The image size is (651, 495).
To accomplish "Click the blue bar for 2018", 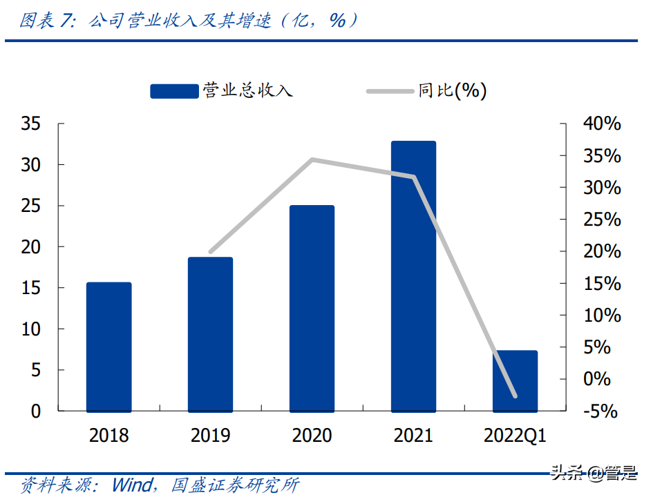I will [108, 347].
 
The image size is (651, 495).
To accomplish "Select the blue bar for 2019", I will [210, 334].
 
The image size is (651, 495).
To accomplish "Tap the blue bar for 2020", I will [312, 308].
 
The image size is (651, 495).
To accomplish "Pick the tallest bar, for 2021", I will [413, 276].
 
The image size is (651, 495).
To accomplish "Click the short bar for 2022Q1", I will [515, 380].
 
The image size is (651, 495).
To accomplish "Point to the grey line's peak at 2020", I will [312, 159].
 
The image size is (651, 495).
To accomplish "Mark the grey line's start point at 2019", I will [211, 252].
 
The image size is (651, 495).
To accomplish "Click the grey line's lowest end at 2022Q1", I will [515, 396].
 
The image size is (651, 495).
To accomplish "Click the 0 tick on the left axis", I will [36, 411].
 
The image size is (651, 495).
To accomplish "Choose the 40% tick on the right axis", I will [601, 124].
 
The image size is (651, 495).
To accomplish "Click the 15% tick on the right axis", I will [601, 284].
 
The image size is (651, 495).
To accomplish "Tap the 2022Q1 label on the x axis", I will [515, 436].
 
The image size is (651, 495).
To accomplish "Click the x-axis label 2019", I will [210, 436].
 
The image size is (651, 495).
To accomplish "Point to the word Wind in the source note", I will [133, 485].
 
